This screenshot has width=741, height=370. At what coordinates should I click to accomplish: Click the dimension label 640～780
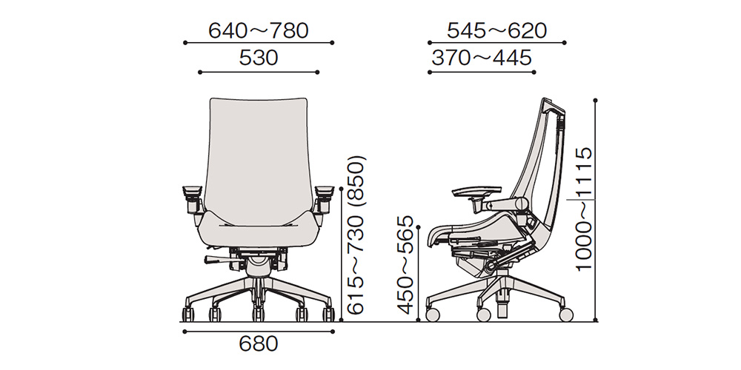[x=259, y=30]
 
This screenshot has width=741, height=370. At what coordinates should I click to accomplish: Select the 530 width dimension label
[x=259, y=58]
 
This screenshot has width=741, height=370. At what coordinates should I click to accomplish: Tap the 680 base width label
[x=259, y=344]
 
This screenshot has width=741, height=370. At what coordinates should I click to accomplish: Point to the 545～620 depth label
[x=496, y=30]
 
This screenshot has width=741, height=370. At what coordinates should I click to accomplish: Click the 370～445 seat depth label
[x=482, y=58]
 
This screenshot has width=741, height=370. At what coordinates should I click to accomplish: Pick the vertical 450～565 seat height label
[x=405, y=265]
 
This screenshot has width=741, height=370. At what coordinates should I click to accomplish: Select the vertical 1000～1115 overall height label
[x=584, y=209]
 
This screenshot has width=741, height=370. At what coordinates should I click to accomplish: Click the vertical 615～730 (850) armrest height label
[x=356, y=235]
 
